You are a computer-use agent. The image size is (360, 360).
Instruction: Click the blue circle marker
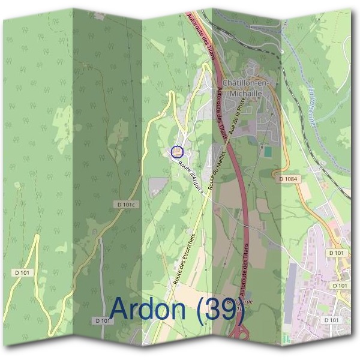[176, 152]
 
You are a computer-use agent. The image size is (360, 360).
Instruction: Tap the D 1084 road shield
[288, 179]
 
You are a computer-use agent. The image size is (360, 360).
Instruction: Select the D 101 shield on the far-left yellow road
[23, 273]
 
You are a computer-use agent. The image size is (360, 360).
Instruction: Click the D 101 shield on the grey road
[103, 321]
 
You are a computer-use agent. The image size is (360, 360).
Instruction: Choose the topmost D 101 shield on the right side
[337, 253]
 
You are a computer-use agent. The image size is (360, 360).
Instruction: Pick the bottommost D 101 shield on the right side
[331, 320]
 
